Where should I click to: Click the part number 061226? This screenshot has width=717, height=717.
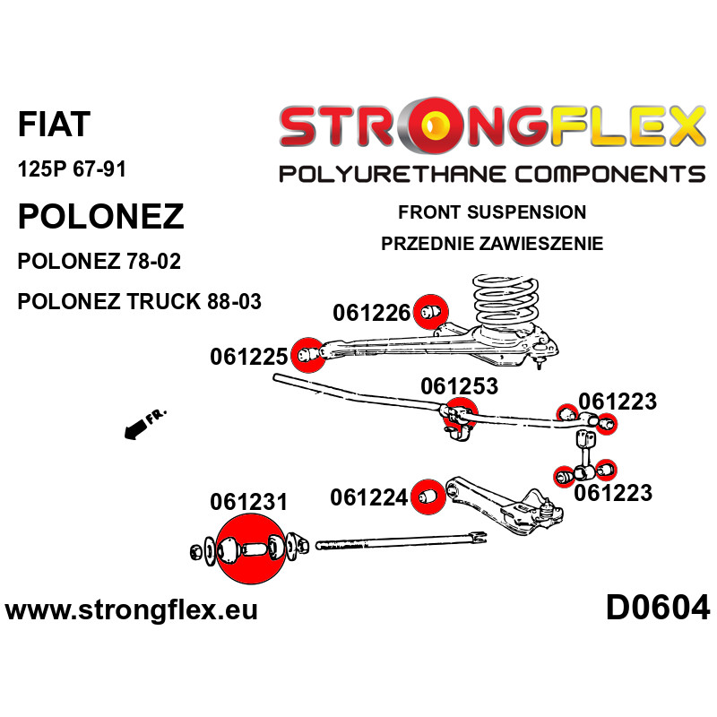pos(372,313)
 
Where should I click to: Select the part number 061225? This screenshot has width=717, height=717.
pos(249,357)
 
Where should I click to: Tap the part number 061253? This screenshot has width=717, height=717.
pos(459,386)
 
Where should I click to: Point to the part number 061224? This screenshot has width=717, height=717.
pos(368,497)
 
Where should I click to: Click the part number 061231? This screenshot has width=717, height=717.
pos(249,502)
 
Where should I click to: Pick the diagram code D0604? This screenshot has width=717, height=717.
pos(658,609)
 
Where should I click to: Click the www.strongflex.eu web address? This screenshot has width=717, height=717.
pos(131,610)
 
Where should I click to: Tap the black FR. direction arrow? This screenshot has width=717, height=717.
pos(136,430)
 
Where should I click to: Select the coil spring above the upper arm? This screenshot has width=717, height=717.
pos(505,301)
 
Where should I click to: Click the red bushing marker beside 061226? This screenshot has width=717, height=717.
pos(431,312)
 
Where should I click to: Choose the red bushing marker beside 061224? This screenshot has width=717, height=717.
pos(428,497)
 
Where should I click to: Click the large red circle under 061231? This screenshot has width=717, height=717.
pos(250,549)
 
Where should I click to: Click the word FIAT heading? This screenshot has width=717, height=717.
pos(54,125)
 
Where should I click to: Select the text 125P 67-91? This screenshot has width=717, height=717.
pos(72,169)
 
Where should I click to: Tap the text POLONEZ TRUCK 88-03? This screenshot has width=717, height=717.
pos(139,302)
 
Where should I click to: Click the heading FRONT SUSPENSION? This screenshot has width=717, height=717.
pos(492,212)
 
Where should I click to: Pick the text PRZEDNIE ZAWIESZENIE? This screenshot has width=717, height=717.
pos(492,244)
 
